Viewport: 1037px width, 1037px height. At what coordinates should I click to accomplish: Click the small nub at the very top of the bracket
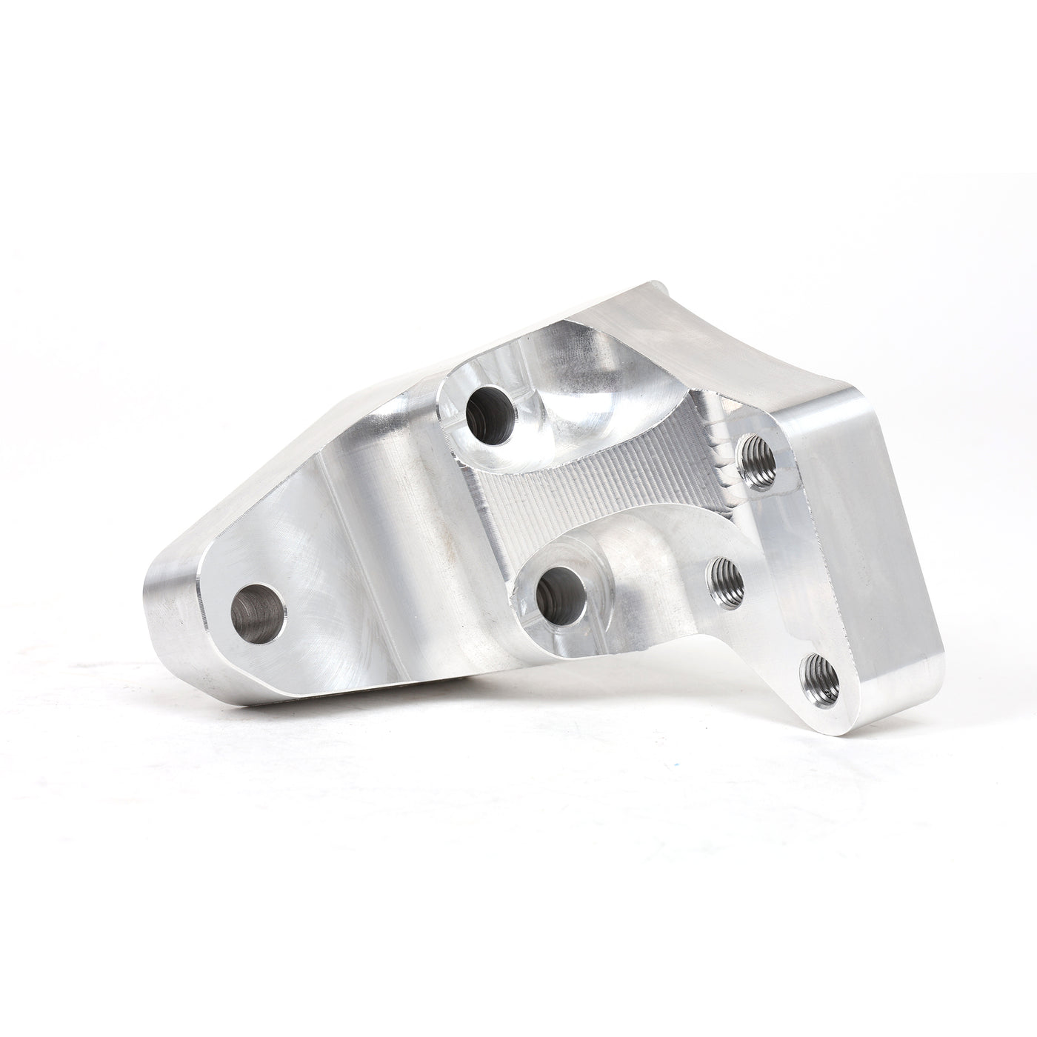[x=652, y=283]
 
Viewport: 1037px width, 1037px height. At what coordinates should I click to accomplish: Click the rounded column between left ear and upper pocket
[x=393, y=489]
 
